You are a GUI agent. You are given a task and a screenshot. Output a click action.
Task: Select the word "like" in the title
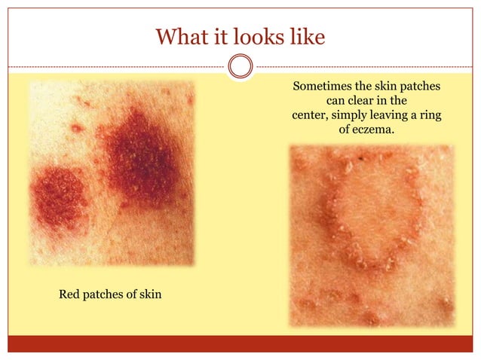click(309, 36)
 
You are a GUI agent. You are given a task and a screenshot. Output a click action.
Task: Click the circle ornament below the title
click(240, 67)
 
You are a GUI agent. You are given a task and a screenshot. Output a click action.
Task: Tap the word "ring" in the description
click(427, 116)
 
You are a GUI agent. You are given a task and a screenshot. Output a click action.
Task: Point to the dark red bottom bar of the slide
click(240, 344)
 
